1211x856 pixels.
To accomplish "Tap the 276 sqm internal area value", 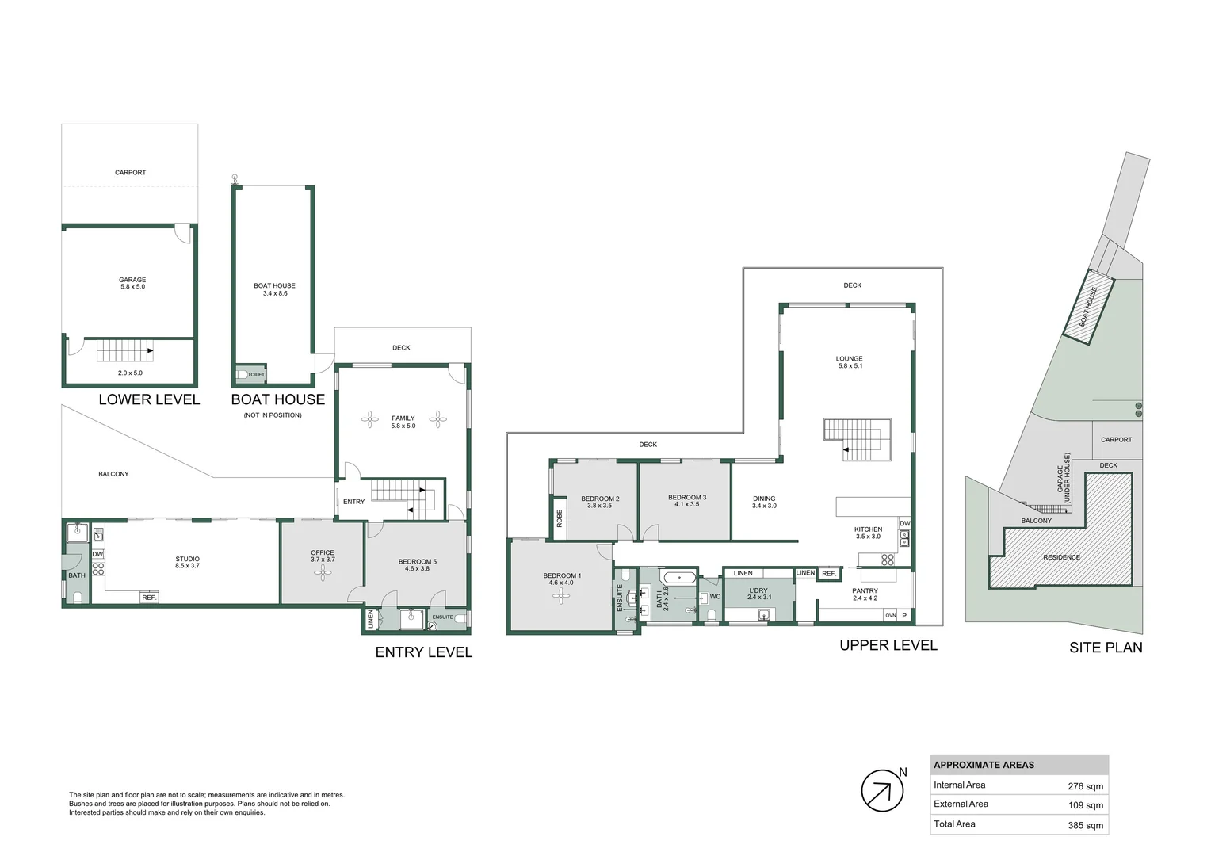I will [x=1085, y=786].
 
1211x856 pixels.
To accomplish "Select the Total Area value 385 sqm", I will [x=1085, y=825].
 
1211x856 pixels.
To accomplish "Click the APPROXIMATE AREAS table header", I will [x=984, y=765].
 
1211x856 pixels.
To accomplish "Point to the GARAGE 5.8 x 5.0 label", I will [x=132, y=283].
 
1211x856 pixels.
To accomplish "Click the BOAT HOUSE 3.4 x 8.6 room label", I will [x=274, y=289].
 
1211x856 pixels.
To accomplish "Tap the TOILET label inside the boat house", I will [x=256, y=374].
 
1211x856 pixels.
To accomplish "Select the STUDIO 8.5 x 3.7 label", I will [x=188, y=562].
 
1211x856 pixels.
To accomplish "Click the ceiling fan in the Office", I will [x=323, y=574].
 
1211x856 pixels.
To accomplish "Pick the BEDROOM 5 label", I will [x=417, y=564].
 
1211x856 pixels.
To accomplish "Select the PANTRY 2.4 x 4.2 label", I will [x=865, y=594].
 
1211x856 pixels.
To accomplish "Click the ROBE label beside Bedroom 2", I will [x=560, y=519].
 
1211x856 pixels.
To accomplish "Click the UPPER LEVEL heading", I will [x=888, y=645].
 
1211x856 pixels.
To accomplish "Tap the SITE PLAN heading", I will [x=1106, y=648].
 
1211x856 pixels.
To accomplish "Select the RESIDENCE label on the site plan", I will [x=1061, y=557].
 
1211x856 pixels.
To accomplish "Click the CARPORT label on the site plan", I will [x=1116, y=439].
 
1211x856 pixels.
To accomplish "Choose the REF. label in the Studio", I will [x=149, y=598].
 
